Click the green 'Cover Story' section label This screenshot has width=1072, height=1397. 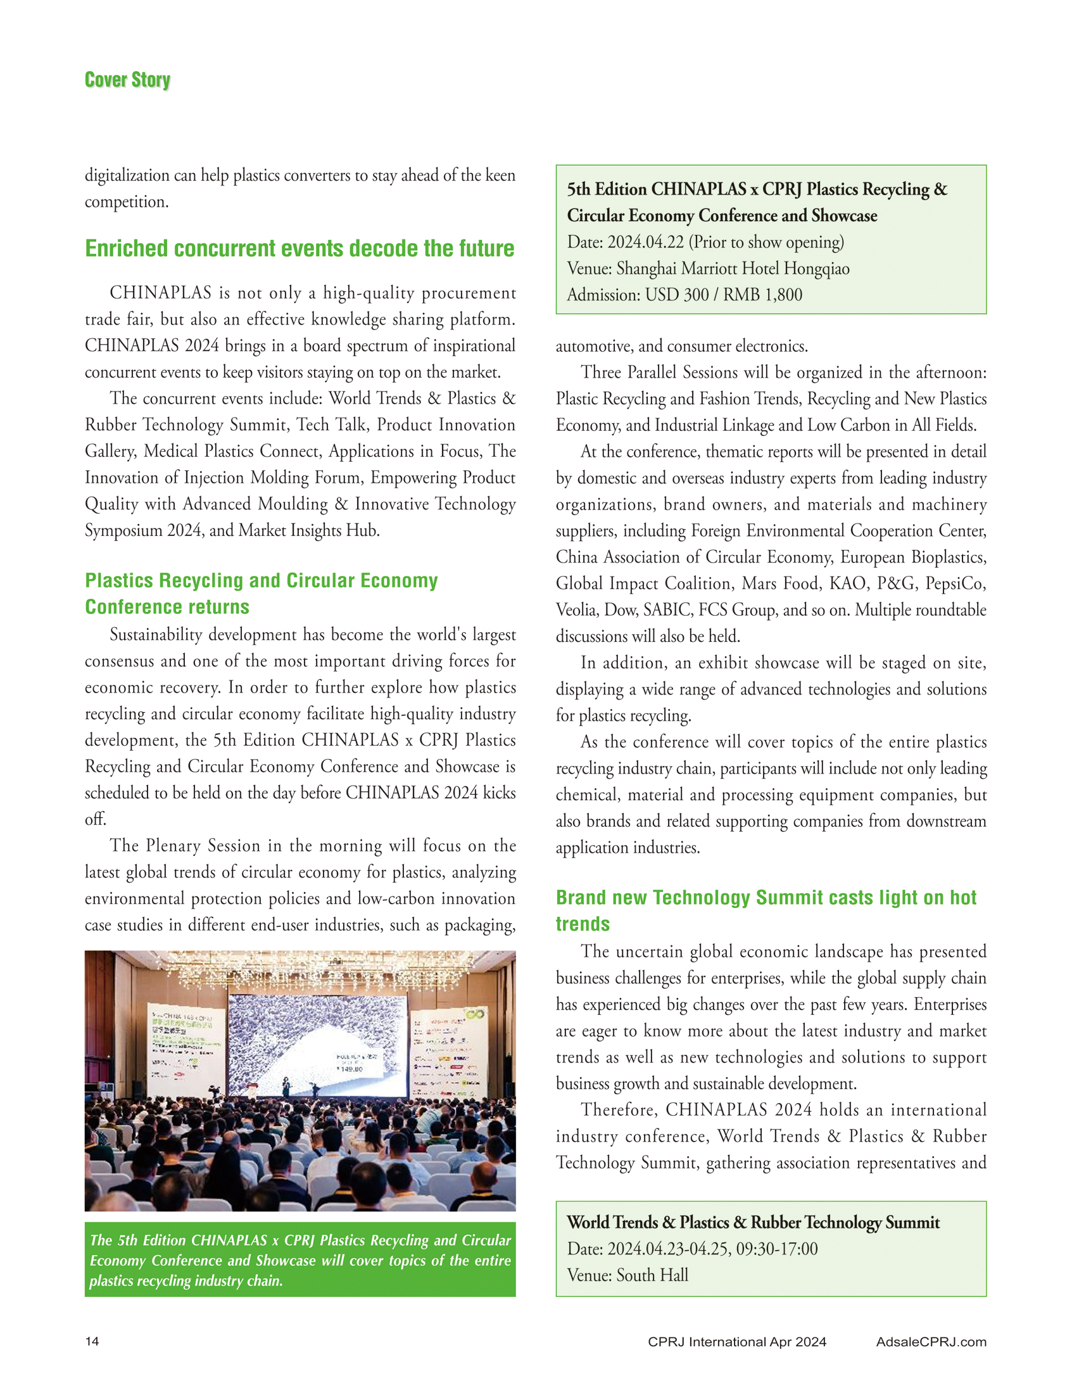click(128, 80)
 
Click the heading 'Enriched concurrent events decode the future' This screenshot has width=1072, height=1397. click(300, 248)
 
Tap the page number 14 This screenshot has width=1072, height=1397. click(92, 1341)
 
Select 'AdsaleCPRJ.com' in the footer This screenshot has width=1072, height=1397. click(931, 1341)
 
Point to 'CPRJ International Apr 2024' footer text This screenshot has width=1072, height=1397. click(736, 1341)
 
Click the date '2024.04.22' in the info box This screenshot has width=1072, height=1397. click(645, 243)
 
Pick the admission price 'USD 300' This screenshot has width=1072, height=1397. click(677, 295)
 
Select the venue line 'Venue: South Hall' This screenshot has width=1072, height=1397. click(627, 1275)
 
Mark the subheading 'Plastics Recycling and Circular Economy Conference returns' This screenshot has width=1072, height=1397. click(262, 593)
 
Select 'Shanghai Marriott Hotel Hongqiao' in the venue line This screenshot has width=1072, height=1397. click(733, 269)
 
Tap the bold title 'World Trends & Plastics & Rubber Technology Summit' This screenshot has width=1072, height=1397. click(753, 1222)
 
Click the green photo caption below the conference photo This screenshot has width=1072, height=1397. click(300, 1260)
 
